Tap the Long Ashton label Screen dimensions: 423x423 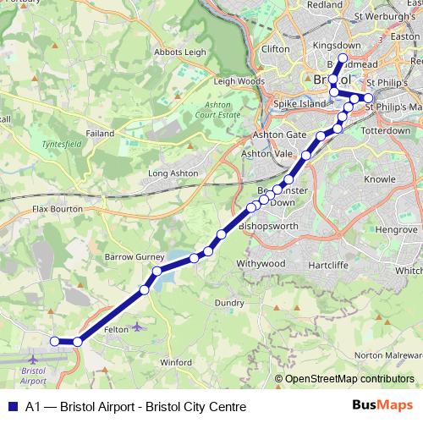173,173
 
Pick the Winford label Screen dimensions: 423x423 175,362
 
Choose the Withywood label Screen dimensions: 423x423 261,264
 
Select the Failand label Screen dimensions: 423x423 99,134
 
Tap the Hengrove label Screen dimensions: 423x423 397,229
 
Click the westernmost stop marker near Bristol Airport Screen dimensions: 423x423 54,341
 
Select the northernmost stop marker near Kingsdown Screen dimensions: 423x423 343,58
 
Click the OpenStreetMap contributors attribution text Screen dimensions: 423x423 349,380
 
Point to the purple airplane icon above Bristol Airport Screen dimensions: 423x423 33,360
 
